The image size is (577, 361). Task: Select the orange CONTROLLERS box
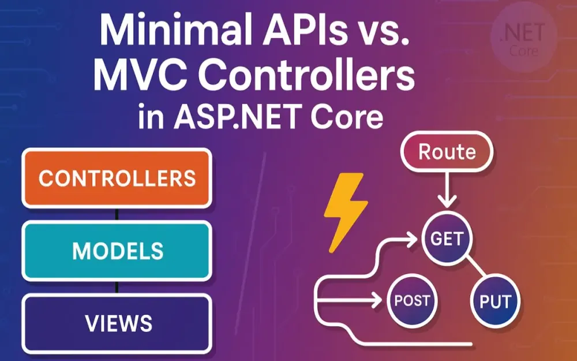tap(117, 177)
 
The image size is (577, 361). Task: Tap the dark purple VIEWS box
tap(117, 322)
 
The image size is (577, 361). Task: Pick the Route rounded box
tap(447, 152)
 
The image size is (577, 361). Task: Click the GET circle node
tap(447, 238)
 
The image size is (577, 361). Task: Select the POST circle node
tap(412, 300)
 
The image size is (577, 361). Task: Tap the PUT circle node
tap(495, 300)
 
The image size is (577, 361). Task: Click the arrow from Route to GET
tap(447, 191)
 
